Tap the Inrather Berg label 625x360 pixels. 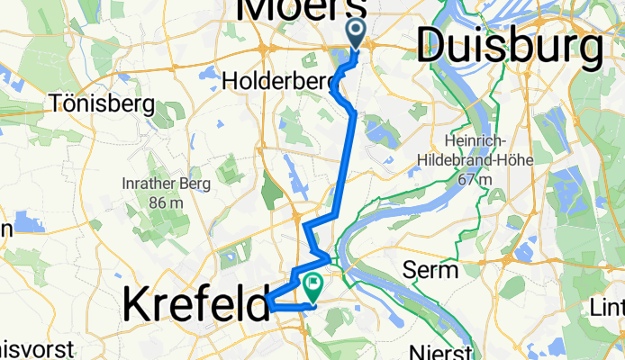[x=166, y=184]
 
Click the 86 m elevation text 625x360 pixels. [x=167, y=202]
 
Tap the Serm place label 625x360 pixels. [x=432, y=269]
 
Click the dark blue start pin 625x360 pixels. [x=355, y=33]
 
